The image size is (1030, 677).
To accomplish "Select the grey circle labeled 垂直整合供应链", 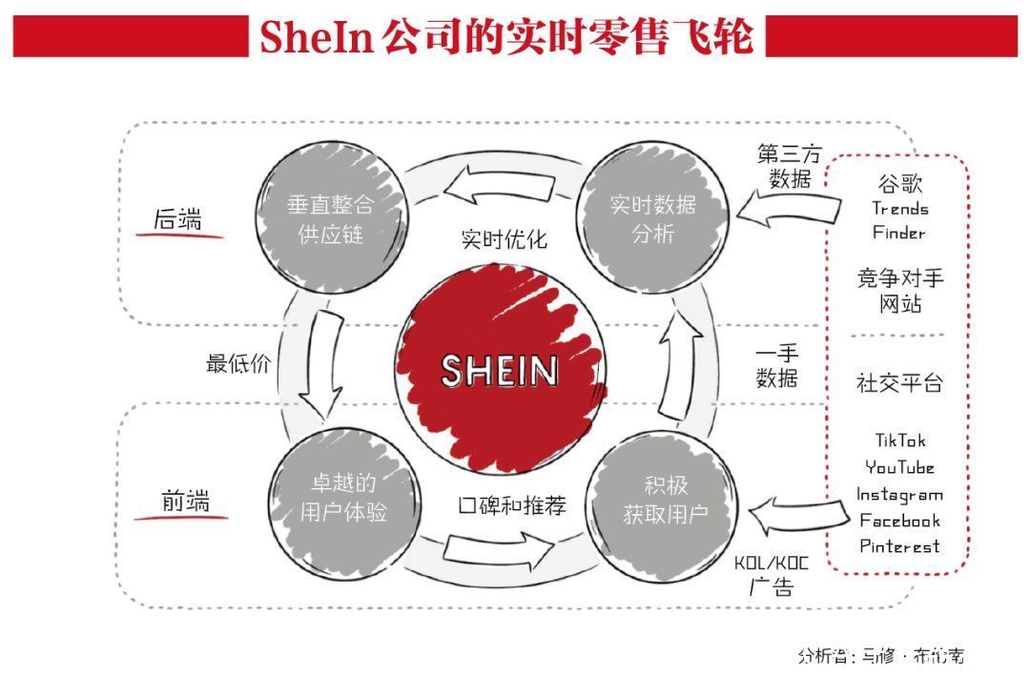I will pyautogui.click(x=331, y=218).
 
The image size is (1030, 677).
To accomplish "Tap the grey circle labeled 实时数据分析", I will pyautogui.click(x=653, y=218).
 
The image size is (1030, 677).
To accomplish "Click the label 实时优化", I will pyautogui.click(x=504, y=238).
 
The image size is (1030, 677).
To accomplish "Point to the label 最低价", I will pyautogui.click(x=238, y=363).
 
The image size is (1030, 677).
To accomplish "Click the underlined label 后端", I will pyautogui.click(x=178, y=219).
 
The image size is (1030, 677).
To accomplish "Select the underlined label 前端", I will pyautogui.click(x=184, y=501).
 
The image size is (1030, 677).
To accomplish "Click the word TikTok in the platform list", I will pyautogui.click(x=900, y=441).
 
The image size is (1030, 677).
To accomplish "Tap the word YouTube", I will pyautogui.click(x=900, y=467).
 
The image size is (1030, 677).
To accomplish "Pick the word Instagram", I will pyautogui.click(x=899, y=494).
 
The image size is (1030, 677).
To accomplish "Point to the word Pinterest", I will pyautogui.click(x=899, y=546).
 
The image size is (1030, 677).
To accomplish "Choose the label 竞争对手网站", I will pyautogui.click(x=899, y=291).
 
